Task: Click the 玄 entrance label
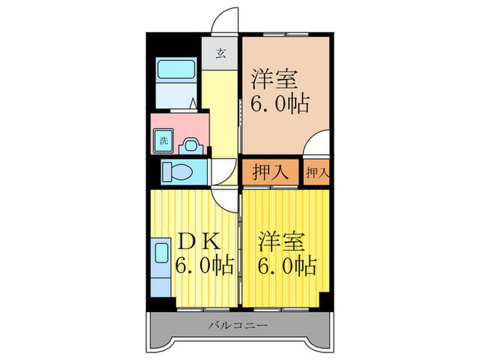221,53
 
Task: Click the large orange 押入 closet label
269,171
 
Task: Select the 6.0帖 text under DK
205,265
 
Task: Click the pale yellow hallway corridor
221,110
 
